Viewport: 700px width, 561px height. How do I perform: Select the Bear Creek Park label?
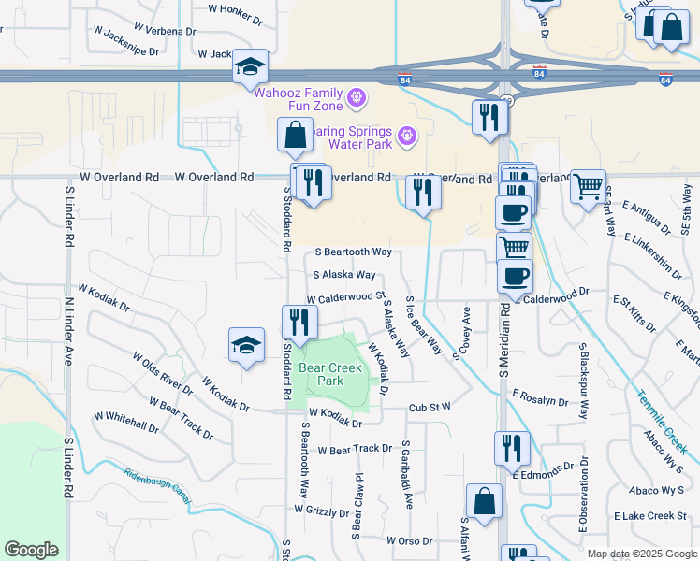(x=329, y=374)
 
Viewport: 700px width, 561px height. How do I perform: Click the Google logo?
(x=31, y=550)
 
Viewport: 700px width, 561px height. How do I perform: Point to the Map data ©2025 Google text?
(x=641, y=554)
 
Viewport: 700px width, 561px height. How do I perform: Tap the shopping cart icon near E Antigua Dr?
(x=588, y=187)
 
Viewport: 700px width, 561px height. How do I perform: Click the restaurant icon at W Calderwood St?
(x=299, y=323)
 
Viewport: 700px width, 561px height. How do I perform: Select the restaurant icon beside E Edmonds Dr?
(x=512, y=448)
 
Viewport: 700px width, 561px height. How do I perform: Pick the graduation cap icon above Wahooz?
(x=250, y=65)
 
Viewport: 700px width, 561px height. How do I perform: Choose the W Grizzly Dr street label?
(x=322, y=511)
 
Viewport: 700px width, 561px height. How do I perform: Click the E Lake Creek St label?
(x=650, y=516)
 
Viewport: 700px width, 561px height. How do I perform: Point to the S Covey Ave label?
(x=466, y=327)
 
